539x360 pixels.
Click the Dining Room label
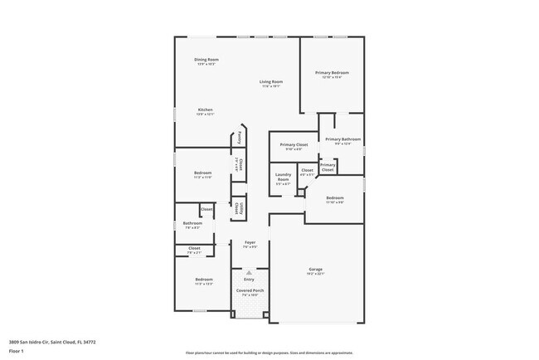tap(206, 60)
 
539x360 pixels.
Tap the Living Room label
tap(271, 81)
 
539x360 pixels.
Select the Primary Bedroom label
tap(332, 73)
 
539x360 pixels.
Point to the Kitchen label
tap(205, 110)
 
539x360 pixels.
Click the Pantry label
tap(239, 136)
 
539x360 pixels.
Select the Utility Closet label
tap(238, 207)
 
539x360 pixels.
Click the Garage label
tap(315, 270)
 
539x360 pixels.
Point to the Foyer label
tap(250, 242)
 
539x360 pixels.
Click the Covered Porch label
tap(250, 291)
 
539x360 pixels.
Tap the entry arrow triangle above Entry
tap(249, 272)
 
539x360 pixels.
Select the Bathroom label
tap(193, 222)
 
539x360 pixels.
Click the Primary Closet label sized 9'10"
tap(294, 145)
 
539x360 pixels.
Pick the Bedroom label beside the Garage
tap(335, 197)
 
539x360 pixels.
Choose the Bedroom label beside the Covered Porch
tap(204, 280)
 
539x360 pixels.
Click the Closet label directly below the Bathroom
tap(194, 248)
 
